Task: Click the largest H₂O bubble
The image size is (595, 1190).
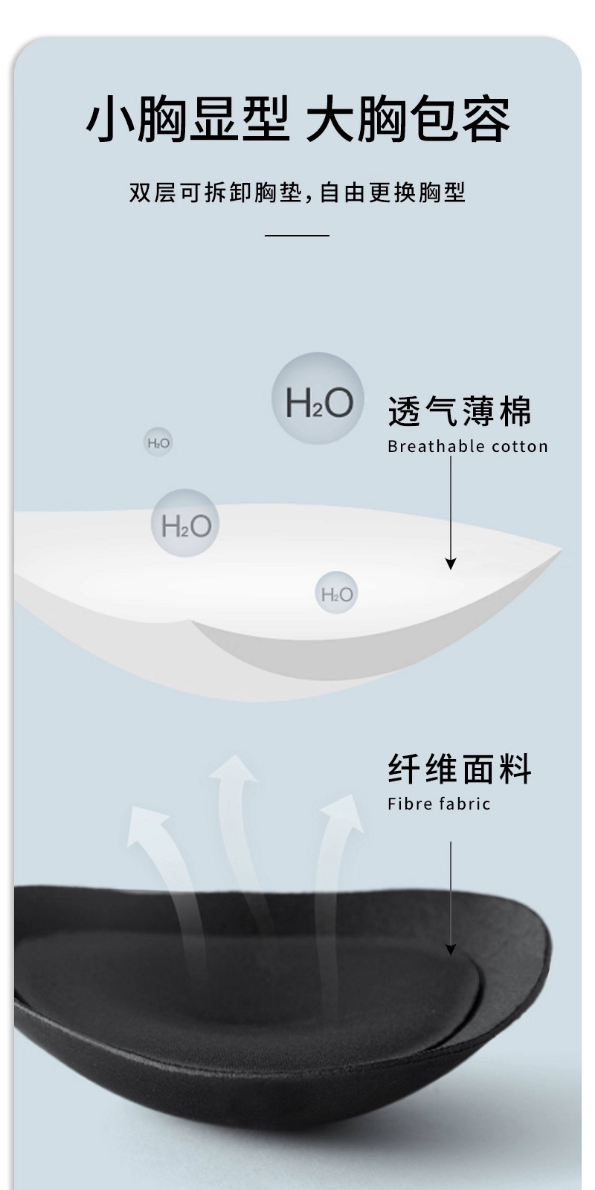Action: coord(318,399)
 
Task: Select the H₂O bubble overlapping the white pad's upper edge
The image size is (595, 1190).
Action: coord(185,523)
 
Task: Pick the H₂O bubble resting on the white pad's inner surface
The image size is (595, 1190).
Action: coord(336,592)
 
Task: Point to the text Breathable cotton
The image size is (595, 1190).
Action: coord(468,446)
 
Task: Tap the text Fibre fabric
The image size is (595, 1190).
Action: coord(438,804)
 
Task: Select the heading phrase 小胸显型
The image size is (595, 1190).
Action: coord(187,118)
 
